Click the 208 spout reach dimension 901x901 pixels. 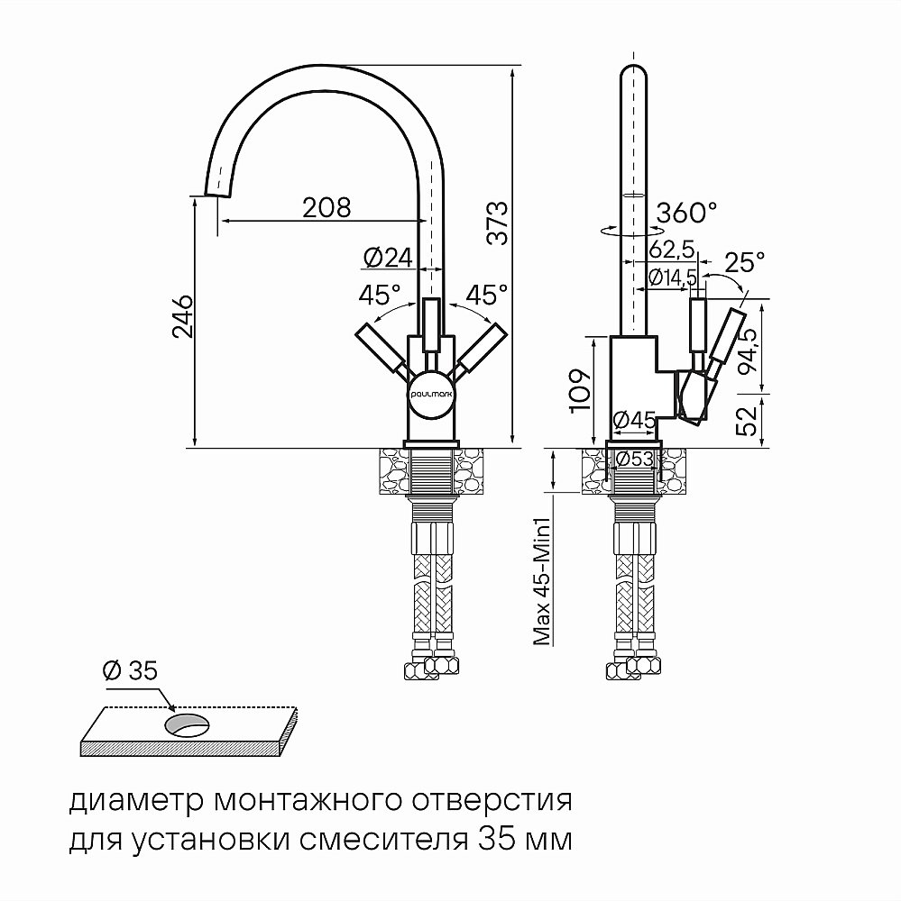coord(326,207)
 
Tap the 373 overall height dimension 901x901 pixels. coord(497,223)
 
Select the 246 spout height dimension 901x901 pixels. coord(180,315)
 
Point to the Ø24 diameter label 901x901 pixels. coord(387,259)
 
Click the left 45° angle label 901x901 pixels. coord(380,295)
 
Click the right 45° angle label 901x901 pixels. coord(487,295)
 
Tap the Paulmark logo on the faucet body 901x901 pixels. coord(431,394)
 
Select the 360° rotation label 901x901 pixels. coord(687,213)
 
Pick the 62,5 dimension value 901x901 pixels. coord(670,248)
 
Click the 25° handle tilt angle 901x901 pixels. coord(744,262)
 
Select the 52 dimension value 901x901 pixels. coord(747,420)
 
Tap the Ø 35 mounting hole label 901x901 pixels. coord(130,670)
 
